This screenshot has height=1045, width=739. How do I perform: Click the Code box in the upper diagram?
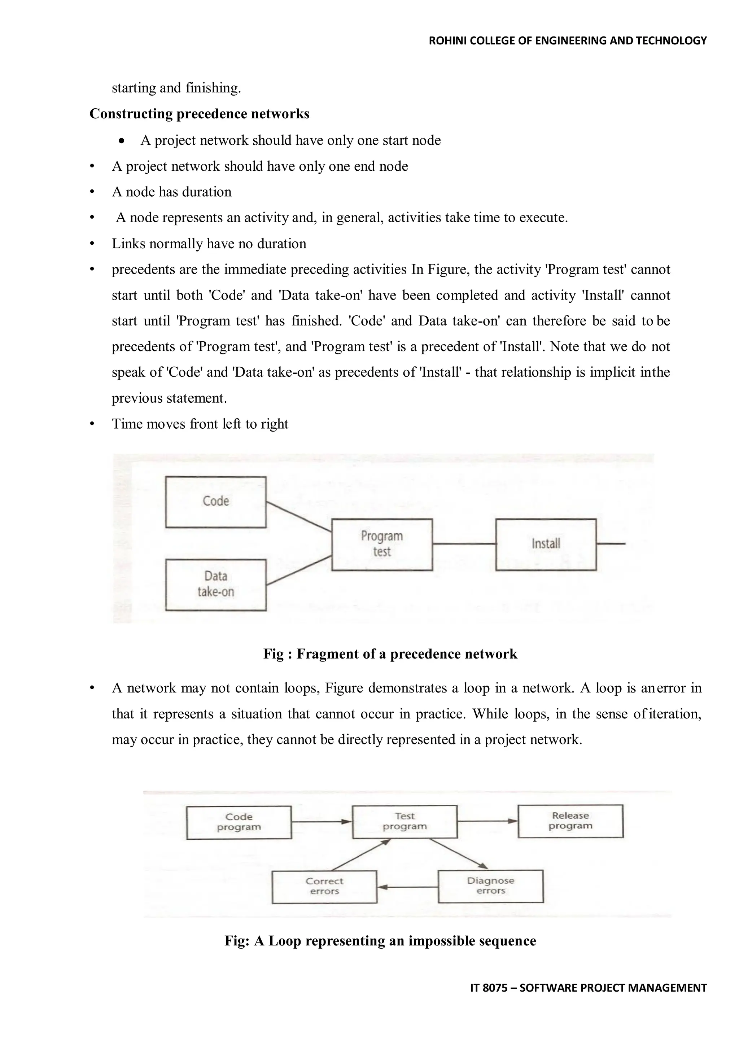pos(216,502)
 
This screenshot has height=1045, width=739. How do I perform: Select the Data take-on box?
pos(216,585)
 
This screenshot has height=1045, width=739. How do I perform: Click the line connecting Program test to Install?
pos(464,543)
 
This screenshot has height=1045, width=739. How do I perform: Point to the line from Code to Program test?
pos(298,517)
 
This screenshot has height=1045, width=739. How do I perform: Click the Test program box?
pos(405,822)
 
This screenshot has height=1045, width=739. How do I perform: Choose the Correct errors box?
pos(324,886)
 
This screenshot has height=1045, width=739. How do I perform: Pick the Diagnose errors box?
pos(490,886)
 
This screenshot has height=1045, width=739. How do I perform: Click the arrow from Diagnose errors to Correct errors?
pos(408,887)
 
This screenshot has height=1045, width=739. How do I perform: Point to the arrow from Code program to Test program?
pos(321,822)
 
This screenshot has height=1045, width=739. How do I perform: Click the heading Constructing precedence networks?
pos(199,113)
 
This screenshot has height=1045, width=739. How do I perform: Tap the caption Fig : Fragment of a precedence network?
pos(390,654)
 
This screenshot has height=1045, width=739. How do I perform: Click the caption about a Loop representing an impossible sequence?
pos(380,941)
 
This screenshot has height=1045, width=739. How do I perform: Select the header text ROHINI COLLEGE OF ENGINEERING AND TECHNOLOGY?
pos(568,41)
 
